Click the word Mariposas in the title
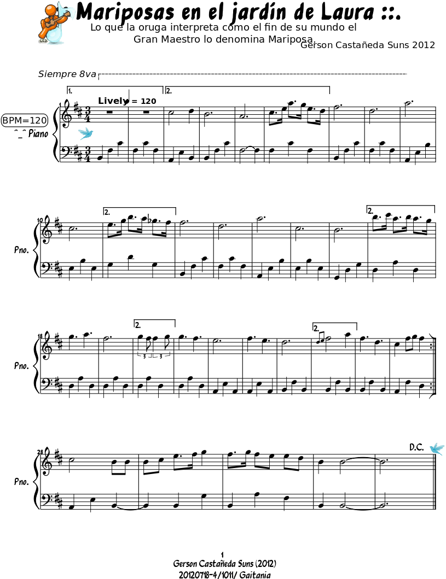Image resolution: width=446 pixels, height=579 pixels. tap(125, 12)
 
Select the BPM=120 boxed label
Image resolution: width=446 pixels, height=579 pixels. tap(25, 120)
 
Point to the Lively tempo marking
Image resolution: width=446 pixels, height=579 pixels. tap(112, 101)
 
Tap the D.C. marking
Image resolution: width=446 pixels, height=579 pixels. tap(416, 447)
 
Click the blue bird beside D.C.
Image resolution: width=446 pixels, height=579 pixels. tap(437, 448)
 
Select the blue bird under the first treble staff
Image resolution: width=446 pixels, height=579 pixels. tap(86, 133)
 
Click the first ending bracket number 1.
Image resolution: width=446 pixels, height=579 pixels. tap(70, 91)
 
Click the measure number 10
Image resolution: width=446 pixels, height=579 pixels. tap(40, 220)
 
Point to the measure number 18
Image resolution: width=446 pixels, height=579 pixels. tap(40, 336)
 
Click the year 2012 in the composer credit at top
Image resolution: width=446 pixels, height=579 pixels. tap(424, 45)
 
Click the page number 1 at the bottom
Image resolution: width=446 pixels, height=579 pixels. tap(222, 554)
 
